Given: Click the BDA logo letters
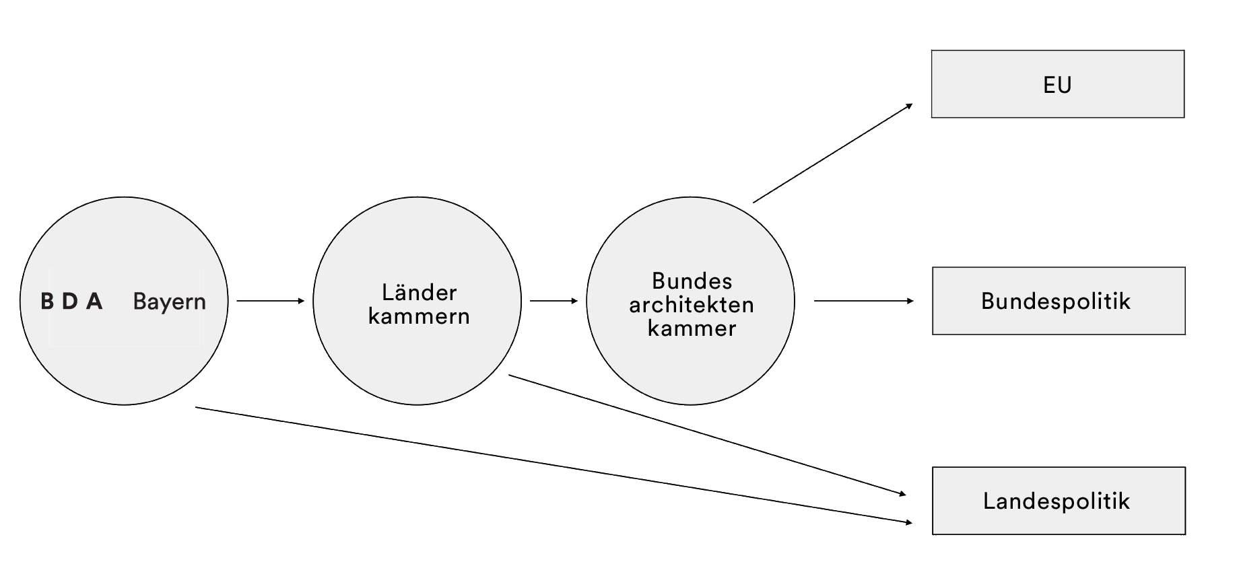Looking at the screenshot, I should coord(71,301).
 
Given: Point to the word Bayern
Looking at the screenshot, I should coord(169,301).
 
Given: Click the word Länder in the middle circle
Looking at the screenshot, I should coord(419,292).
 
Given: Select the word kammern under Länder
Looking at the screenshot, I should coord(419,316).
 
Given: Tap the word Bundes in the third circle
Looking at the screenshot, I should coord(692,281).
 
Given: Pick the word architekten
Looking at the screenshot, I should coord(692,305).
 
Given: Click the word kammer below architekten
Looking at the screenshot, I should coord(692,328).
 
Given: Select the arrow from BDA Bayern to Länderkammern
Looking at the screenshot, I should coord(269,301).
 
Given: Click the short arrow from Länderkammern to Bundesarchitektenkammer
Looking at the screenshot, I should coord(553,301).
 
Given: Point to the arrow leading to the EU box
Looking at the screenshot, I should coord(832,153).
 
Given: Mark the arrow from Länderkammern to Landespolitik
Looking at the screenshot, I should coord(707,435).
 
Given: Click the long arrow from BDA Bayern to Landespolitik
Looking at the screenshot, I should coord(552,465).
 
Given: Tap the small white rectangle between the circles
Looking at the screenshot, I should coord(549,315).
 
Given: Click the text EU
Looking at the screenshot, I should coord(1057,85).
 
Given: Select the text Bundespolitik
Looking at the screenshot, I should coord(1055,301).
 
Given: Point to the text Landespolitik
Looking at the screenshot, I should coord(1056,501).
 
